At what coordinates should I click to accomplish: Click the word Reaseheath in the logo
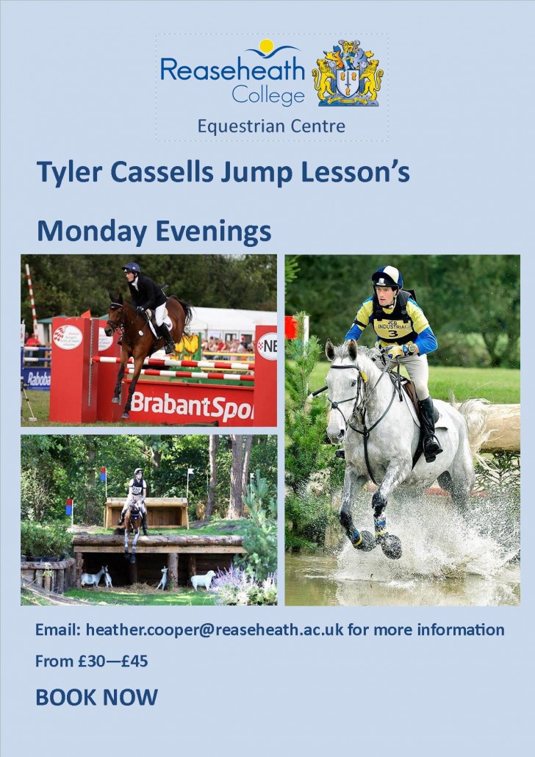pyautogui.click(x=231, y=71)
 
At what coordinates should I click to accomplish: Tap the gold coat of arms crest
pyautogui.click(x=348, y=73)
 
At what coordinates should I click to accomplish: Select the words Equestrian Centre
pyautogui.click(x=271, y=126)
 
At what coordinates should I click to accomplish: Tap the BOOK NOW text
pyautogui.click(x=96, y=697)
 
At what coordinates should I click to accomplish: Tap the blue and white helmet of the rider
pyautogui.click(x=387, y=277)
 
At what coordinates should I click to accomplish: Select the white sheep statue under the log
pyautogui.click(x=202, y=580)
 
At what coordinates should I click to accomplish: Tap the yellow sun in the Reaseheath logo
pyautogui.click(x=266, y=46)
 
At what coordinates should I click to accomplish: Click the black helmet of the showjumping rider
pyautogui.click(x=132, y=268)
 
